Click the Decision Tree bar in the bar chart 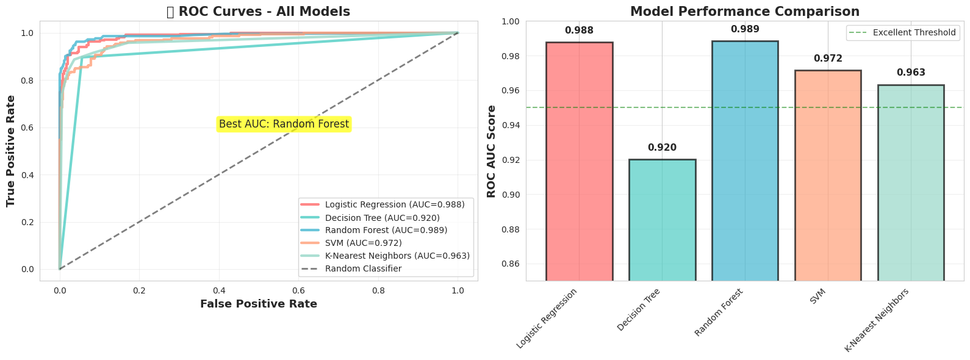[662, 220]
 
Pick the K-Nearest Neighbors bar [911, 183]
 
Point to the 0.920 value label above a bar [662, 148]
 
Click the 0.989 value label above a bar [745, 29]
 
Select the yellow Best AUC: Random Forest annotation [284, 124]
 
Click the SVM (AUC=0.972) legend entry [363, 243]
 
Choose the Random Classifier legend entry [363, 268]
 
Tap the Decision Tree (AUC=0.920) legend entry [382, 218]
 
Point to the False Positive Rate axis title [259, 304]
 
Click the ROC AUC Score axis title [492, 151]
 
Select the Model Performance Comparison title [744, 12]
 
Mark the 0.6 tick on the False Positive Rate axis [298, 290]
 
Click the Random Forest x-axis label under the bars [719, 312]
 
